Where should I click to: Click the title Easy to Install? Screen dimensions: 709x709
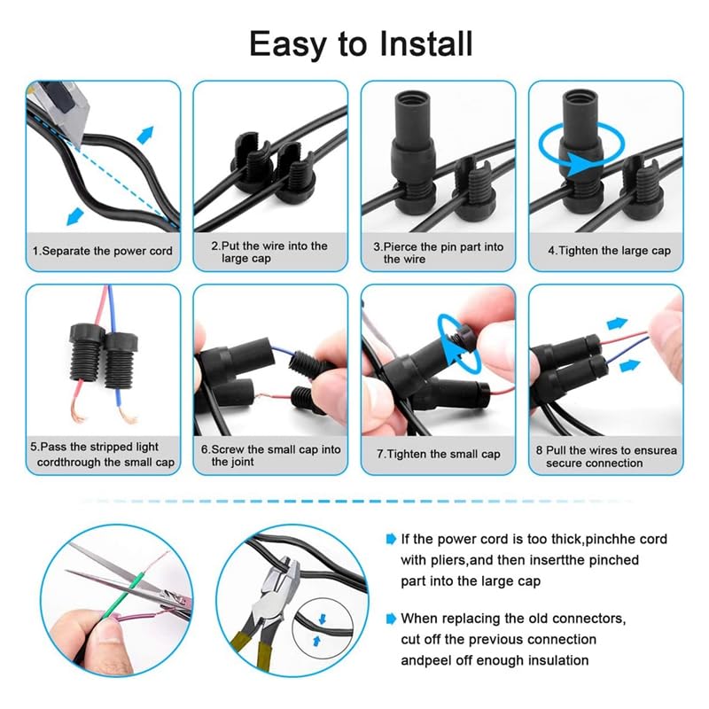tap(361, 43)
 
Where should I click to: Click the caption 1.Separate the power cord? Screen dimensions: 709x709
tap(103, 251)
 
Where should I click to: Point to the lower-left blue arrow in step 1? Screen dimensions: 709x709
tap(75, 214)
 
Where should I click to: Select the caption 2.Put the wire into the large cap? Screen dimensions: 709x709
tap(269, 252)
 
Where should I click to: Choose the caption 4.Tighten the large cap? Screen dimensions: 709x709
tap(609, 251)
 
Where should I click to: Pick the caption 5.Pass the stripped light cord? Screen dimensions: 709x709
tap(103, 456)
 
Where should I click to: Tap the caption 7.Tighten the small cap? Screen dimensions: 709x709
tap(438, 454)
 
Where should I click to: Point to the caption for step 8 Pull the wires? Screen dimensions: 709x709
tap(607, 456)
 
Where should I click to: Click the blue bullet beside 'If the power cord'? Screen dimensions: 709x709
tap(391, 539)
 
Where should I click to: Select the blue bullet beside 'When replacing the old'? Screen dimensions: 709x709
tap(391, 619)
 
